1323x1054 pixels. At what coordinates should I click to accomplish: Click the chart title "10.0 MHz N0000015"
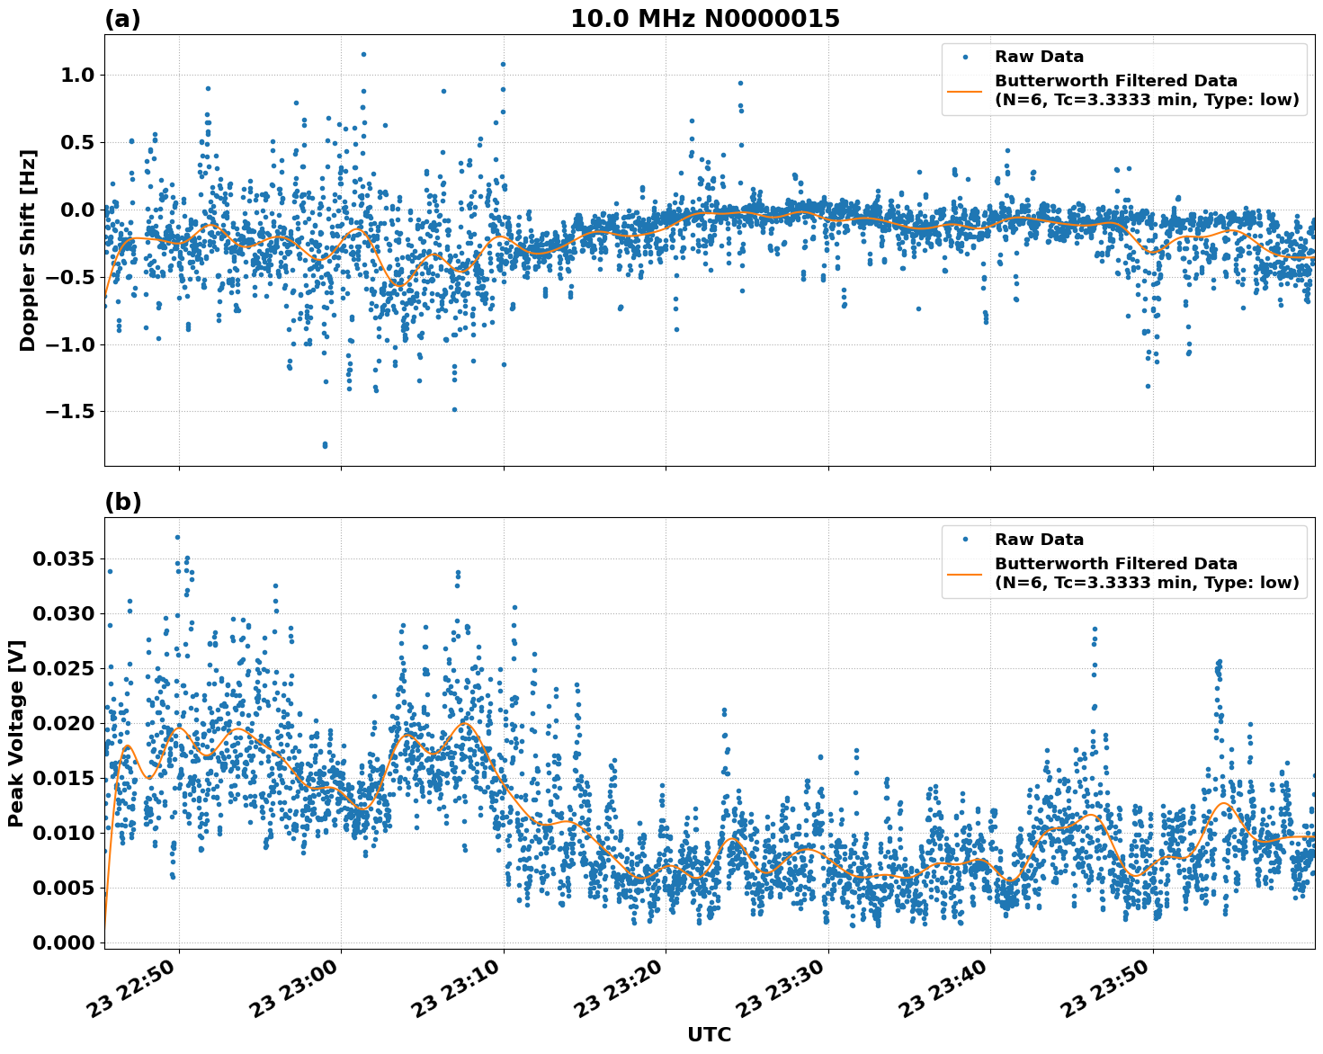coord(704,19)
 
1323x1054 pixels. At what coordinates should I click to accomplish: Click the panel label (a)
coord(122,19)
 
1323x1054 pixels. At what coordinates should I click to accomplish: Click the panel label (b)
coord(122,502)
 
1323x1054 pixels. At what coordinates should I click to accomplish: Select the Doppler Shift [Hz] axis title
coord(28,250)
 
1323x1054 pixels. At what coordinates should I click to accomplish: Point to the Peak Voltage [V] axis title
coord(16,733)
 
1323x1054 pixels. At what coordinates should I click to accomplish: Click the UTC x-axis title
coord(709,1034)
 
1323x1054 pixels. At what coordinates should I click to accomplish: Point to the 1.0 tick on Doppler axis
coord(77,76)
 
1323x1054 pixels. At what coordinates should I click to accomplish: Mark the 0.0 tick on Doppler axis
coord(77,210)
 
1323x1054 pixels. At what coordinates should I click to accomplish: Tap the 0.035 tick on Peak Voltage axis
coord(63,559)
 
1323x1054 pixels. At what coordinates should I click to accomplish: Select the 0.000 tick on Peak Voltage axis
coord(63,942)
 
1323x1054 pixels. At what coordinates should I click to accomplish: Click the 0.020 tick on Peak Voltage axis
coord(63,724)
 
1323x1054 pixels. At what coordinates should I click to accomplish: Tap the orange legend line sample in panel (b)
coord(965,574)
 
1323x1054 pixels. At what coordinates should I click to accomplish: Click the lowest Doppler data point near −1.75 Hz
coord(325,445)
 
